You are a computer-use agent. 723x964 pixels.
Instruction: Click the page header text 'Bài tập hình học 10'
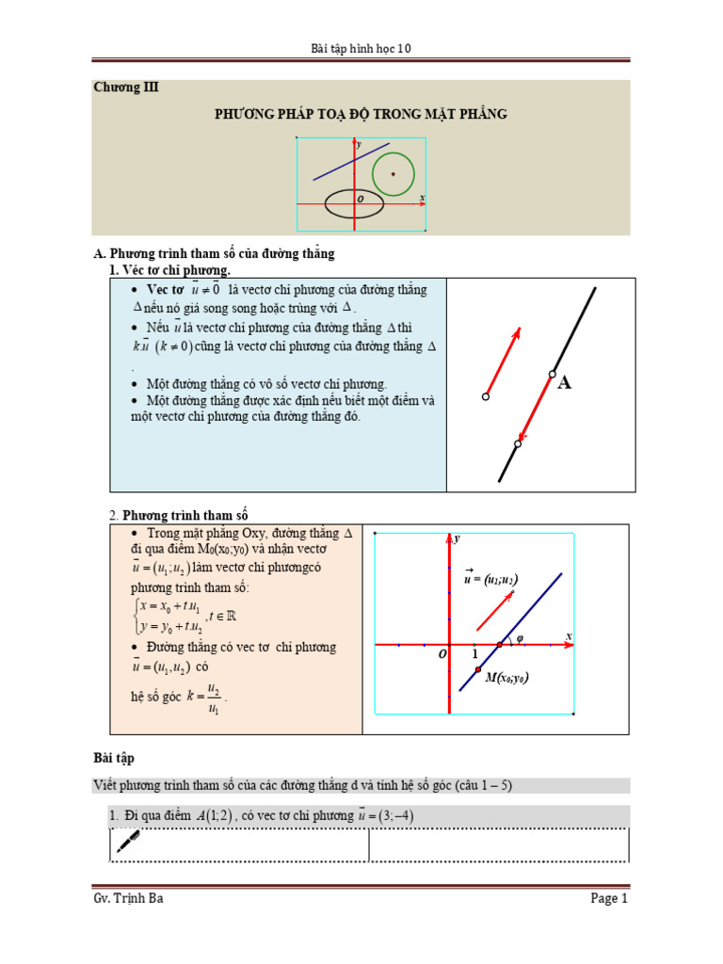pyautogui.click(x=361, y=50)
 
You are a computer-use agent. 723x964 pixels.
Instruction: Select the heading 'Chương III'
pyautogui.click(x=126, y=88)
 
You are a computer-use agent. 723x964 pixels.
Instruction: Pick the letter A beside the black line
pyautogui.click(x=565, y=383)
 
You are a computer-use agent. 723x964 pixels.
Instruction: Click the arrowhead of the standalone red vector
pyautogui.click(x=516, y=331)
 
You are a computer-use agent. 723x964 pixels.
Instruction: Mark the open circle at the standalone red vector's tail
pyautogui.click(x=486, y=397)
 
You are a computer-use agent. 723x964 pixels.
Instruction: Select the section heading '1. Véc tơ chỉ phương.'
pyautogui.click(x=170, y=270)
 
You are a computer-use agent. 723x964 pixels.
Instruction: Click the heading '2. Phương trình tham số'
pyautogui.click(x=178, y=515)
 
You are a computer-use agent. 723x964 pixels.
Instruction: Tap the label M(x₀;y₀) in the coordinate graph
pyautogui.click(x=513, y=677)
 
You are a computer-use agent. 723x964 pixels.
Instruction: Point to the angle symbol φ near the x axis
pyautogui.click(x=520, y=635)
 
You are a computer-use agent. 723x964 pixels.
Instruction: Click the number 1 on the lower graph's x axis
pyautogui.click(x=474, y=653)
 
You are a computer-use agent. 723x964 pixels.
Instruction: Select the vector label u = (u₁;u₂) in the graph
pyautogui.click(x=490, y=579)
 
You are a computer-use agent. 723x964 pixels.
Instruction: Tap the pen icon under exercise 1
pyautogui.click(x=127, y=843)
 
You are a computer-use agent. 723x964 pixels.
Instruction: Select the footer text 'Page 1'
pyautogui.click(x=609, y=899)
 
